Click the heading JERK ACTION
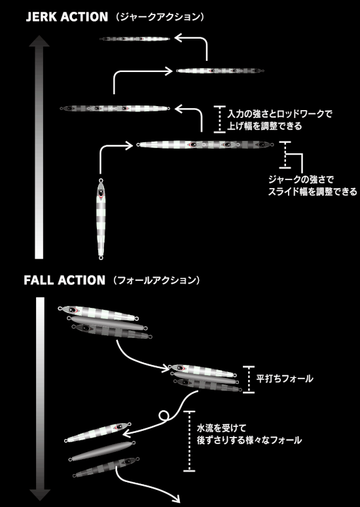(67, 17)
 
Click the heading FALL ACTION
(65, 280)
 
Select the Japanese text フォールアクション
(156, 280)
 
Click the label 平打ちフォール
(284, 379)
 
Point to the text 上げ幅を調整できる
(264, 126)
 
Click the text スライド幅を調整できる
(312, 191)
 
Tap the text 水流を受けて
(221, 428)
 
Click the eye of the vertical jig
(101, 193)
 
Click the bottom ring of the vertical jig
(101, 257)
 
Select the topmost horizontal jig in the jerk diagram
(135, 39)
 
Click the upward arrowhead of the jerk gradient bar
(39, 41)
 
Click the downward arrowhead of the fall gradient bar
(40, 495)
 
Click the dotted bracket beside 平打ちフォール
(249, 379)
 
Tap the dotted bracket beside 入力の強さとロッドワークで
(220, 119)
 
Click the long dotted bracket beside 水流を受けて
(189, 441)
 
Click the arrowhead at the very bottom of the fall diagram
(176, 498)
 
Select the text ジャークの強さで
(301, 179)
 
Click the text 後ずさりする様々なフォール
(249, 440)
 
